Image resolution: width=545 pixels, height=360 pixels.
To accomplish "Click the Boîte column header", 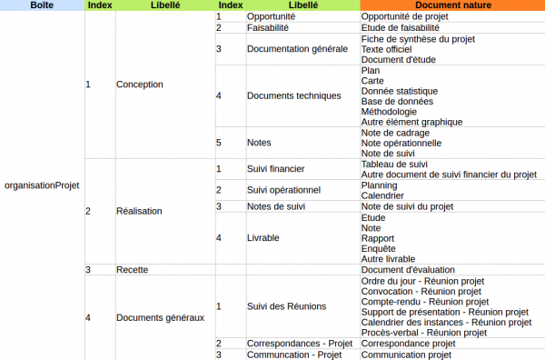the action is pyautogui.click(x=41, y=5).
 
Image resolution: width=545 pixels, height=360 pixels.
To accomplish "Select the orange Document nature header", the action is pyautogui.click(x=451, y=5).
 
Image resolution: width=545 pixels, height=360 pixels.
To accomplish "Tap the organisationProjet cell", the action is pyautogui.click(x=42, y=185).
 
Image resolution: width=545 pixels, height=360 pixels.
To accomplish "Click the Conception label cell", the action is pyautogui.click(x=139, y=85).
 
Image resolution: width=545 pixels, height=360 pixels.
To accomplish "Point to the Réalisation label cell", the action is pyautogui.click(x=139, y=211).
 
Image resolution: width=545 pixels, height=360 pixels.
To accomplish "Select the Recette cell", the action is pyautogui.click(x=133, y=270).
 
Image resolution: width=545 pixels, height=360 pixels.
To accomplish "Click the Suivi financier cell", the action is pyautogui.click(x=275, y=169).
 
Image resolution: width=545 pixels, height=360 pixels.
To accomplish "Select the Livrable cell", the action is pyautogui.click(x=263, y=238).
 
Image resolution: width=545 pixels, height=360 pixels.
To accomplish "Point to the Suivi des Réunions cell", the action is pyautogui.click(x=286, y=306).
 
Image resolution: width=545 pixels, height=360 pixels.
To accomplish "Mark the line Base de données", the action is pyautogui.click(x=399, y=101).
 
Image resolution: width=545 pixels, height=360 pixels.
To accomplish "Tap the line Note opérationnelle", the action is pyautogui.click(x=401, y=143).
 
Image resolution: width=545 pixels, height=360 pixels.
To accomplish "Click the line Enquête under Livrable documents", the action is pyautogui.click(x=378, y=248).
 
